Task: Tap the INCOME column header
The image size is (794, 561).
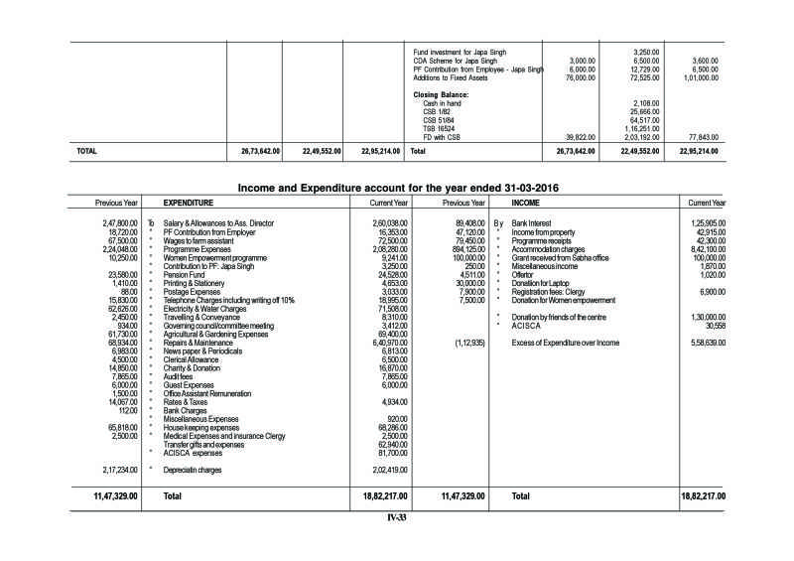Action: click(526, 202)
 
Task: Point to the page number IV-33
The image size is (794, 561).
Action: click(398, 516)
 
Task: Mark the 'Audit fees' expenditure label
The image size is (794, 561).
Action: click(180, 376)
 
